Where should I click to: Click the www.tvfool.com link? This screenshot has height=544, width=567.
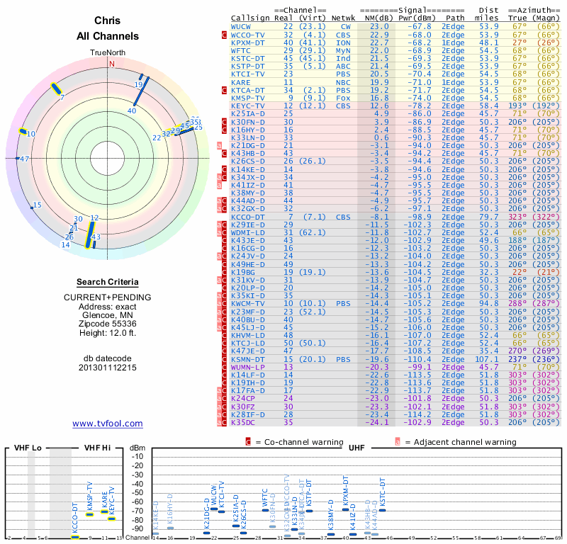point(107,424)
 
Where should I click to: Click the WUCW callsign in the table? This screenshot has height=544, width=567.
point(241,26)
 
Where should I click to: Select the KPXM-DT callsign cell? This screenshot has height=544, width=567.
point(248,42)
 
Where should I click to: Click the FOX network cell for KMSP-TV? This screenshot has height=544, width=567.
point(343,98)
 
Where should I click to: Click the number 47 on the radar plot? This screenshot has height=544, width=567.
point(25,159)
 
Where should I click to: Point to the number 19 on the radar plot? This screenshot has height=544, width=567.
point(138,84)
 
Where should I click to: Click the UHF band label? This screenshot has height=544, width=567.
point(356,448)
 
